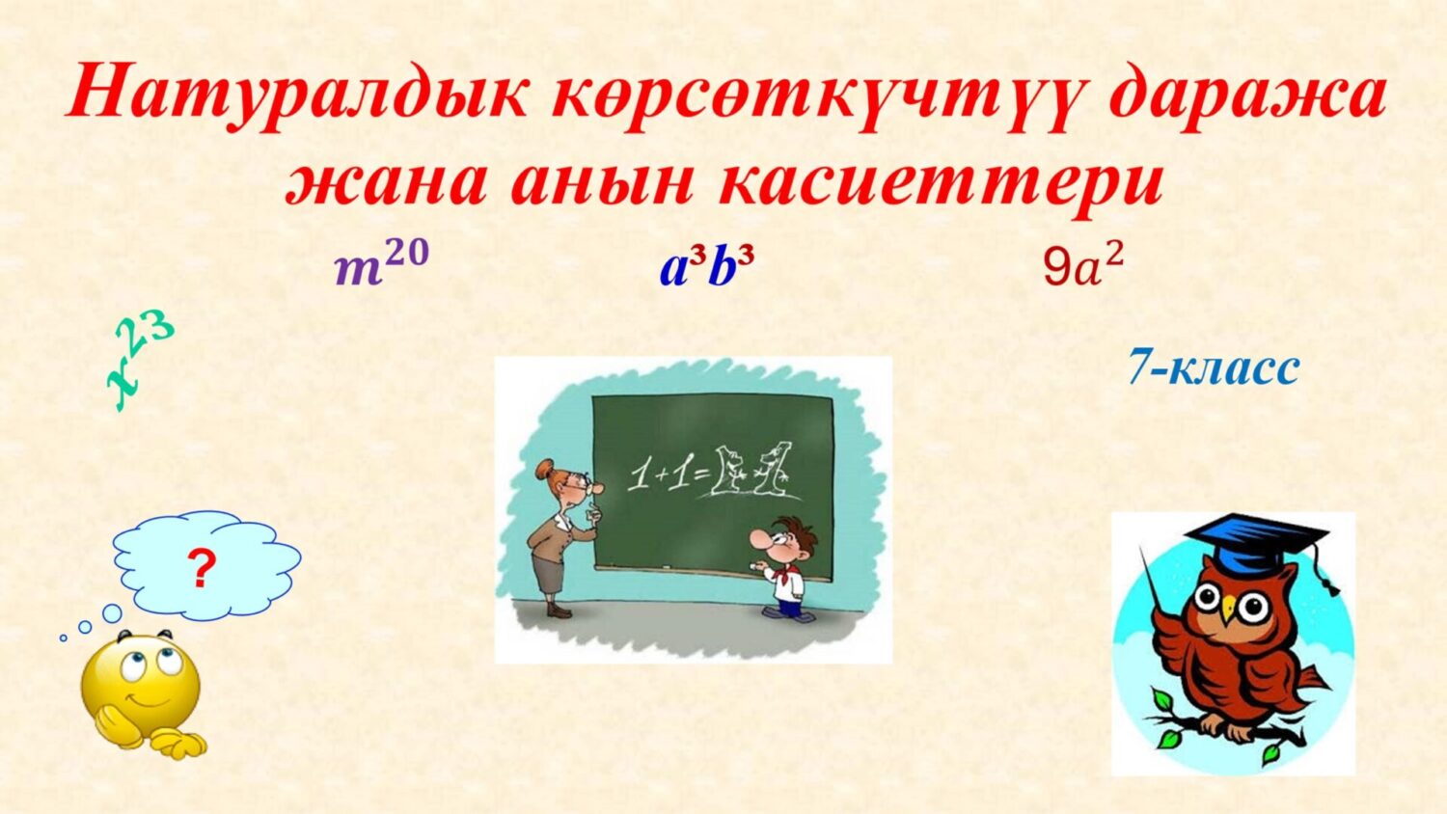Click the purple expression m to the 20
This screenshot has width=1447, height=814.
point(380,264)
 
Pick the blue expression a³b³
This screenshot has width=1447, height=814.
point(706,267)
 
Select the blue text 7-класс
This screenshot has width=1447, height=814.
point(1214,367)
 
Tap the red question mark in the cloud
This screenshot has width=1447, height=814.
point(201,570)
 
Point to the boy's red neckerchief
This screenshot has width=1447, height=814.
point(781,575)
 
